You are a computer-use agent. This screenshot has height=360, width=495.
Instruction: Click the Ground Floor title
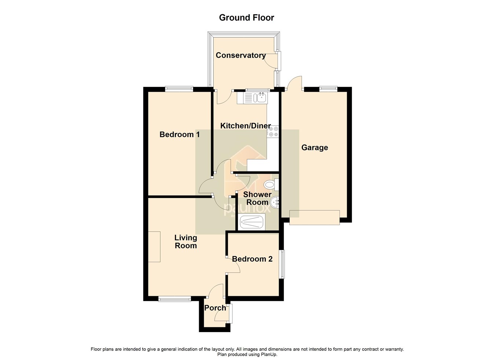(246, 18)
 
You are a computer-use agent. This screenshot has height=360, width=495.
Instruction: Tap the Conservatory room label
(241, 55)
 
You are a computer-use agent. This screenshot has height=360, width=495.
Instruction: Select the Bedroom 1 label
(179, 135)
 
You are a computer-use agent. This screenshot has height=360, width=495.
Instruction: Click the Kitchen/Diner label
(245, 126)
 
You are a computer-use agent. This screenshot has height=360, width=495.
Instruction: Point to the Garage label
(314, 148)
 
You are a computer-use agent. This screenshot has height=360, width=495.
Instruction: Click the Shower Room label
(257, 198)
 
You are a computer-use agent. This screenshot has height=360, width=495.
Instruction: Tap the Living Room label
(186, 242)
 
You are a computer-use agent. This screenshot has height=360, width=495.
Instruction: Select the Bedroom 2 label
(252, 259)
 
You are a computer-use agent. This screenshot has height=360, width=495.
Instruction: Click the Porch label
(215, 308)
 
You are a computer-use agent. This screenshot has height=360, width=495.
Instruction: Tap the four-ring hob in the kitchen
(273, 132)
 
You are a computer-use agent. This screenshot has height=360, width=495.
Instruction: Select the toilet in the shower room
(272, 184)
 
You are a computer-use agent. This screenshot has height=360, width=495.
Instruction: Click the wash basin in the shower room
(275, 202)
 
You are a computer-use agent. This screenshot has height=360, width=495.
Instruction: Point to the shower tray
(252, 222)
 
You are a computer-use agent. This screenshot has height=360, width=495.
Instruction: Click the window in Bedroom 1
(179, 88)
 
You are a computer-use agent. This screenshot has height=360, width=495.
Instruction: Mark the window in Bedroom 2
(282, 264)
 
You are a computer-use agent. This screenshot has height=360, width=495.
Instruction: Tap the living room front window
(175, 299)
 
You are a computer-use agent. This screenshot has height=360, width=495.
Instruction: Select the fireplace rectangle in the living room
(154, 247)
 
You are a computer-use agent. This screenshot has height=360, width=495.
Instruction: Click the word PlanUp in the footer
(269, 355)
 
